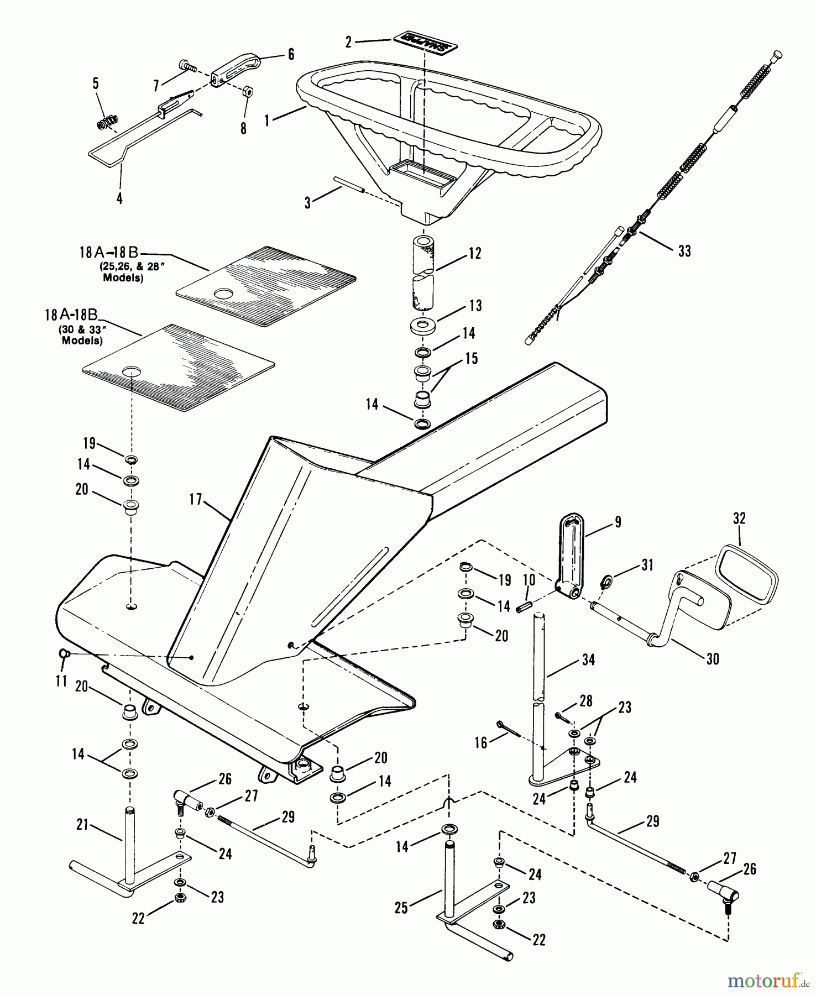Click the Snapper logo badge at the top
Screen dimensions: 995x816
426,42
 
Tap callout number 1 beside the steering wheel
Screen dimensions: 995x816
267,120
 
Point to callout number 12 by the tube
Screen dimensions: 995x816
475,254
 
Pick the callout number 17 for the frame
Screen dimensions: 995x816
196,500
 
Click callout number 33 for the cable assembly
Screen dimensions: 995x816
684,251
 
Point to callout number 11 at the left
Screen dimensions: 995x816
61,680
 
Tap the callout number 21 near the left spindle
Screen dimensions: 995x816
82,825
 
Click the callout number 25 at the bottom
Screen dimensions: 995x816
401,908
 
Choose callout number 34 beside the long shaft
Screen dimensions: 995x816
588,659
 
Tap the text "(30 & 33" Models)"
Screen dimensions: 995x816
82,335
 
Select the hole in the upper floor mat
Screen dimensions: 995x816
224,294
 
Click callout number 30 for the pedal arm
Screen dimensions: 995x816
713,658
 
